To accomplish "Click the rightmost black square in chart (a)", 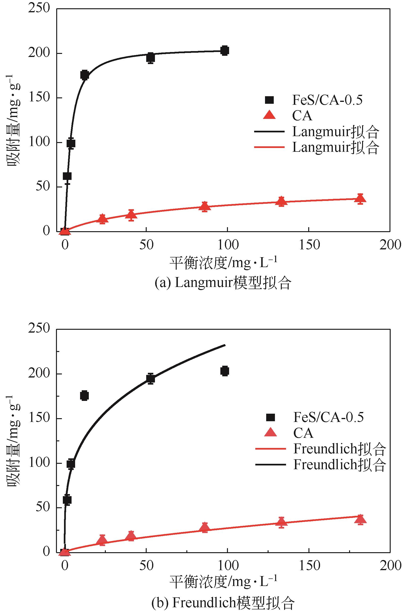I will [x=225, y=50].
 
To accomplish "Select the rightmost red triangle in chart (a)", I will [x=360, y=199].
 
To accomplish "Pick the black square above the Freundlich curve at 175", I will [x=85, y=395].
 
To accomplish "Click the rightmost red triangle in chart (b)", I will [x=360, y=519].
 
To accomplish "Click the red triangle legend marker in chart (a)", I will [x=269, y=115].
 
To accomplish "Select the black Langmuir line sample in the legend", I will [x=269, y=132].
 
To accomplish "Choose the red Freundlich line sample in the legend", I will [x=270, y=449].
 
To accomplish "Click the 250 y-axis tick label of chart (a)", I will [x=39, y=8].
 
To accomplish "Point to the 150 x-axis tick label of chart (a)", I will [x=309, y=245].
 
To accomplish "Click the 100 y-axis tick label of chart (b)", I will [x=39, y=463].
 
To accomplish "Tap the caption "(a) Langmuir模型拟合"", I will [x=223, y=283].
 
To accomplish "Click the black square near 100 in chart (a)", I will [x=71, y=143].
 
